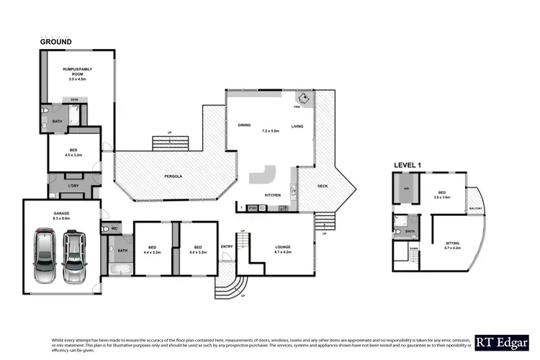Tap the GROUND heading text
point(55,42)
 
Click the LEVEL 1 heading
point(408,165)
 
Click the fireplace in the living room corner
point(304,99)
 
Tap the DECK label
point(323,186)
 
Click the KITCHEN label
point(272,195)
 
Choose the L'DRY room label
point(73,187)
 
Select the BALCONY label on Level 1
point(475,208)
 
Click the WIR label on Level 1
point(405,189)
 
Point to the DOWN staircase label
point(413,248)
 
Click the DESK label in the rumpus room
point(73,99)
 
